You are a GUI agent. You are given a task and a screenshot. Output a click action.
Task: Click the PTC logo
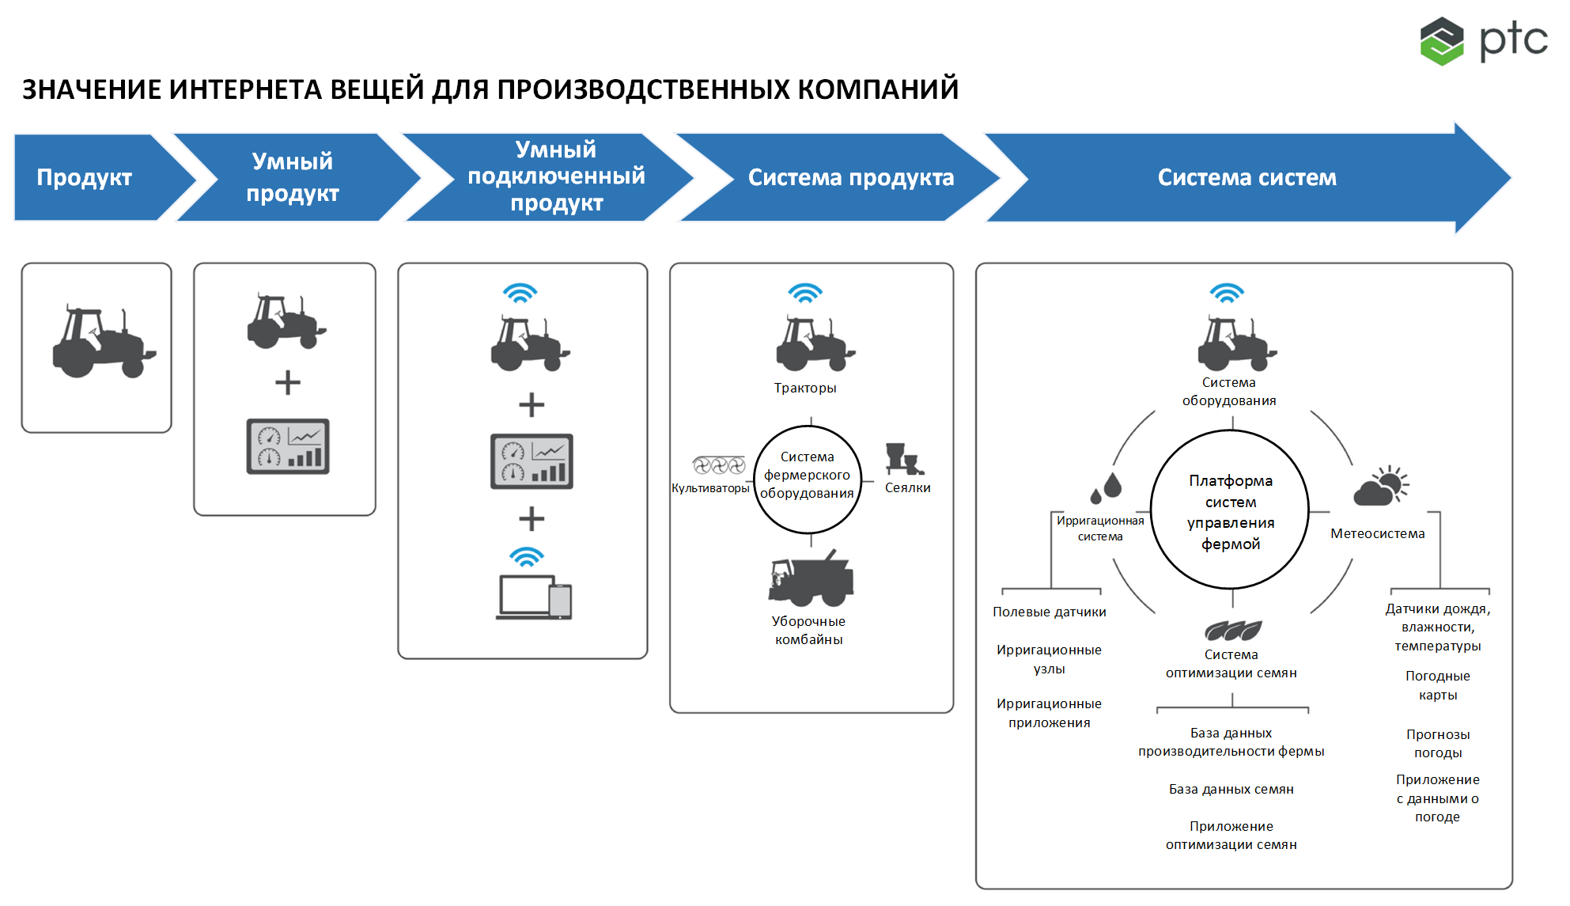[x=1484, y=40]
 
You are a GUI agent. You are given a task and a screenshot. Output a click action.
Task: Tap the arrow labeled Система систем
[x=1248, y=177]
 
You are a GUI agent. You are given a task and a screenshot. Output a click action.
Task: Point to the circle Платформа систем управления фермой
[x=1230, y=510]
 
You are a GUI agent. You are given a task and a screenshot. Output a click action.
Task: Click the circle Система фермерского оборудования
[x=808, y=480]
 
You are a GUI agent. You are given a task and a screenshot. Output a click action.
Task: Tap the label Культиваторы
[x=710, y=488]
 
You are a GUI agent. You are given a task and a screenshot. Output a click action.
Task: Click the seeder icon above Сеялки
[x=905, y=459]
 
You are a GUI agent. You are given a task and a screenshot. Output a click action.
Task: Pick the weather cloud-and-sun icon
[x=1381, y=486]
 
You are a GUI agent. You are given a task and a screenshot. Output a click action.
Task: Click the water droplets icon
[x=1107, y=487]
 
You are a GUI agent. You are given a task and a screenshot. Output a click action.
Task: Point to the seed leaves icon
[x=1233, y=631]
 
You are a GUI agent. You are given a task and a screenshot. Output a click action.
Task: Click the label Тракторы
[x=805, y=388]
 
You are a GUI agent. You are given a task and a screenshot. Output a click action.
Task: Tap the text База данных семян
[x=1231, y=789]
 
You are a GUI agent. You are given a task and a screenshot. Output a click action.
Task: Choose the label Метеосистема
[x=1378, y=533]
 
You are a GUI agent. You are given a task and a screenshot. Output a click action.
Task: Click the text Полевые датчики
[x=1050, y=612]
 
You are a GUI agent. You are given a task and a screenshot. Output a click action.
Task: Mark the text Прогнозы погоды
[x=1438, y=743]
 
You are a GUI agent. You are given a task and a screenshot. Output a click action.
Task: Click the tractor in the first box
[x=104, y=342]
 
